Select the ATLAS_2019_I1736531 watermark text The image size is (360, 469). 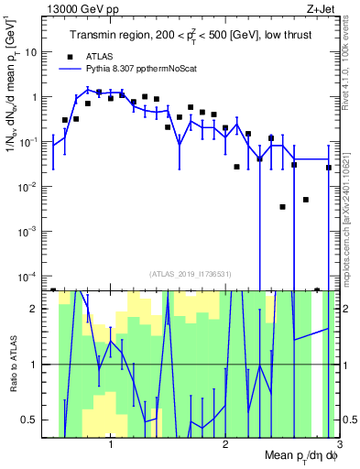click(x=191, y=273)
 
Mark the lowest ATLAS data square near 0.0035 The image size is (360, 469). click(x=282, y=207)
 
